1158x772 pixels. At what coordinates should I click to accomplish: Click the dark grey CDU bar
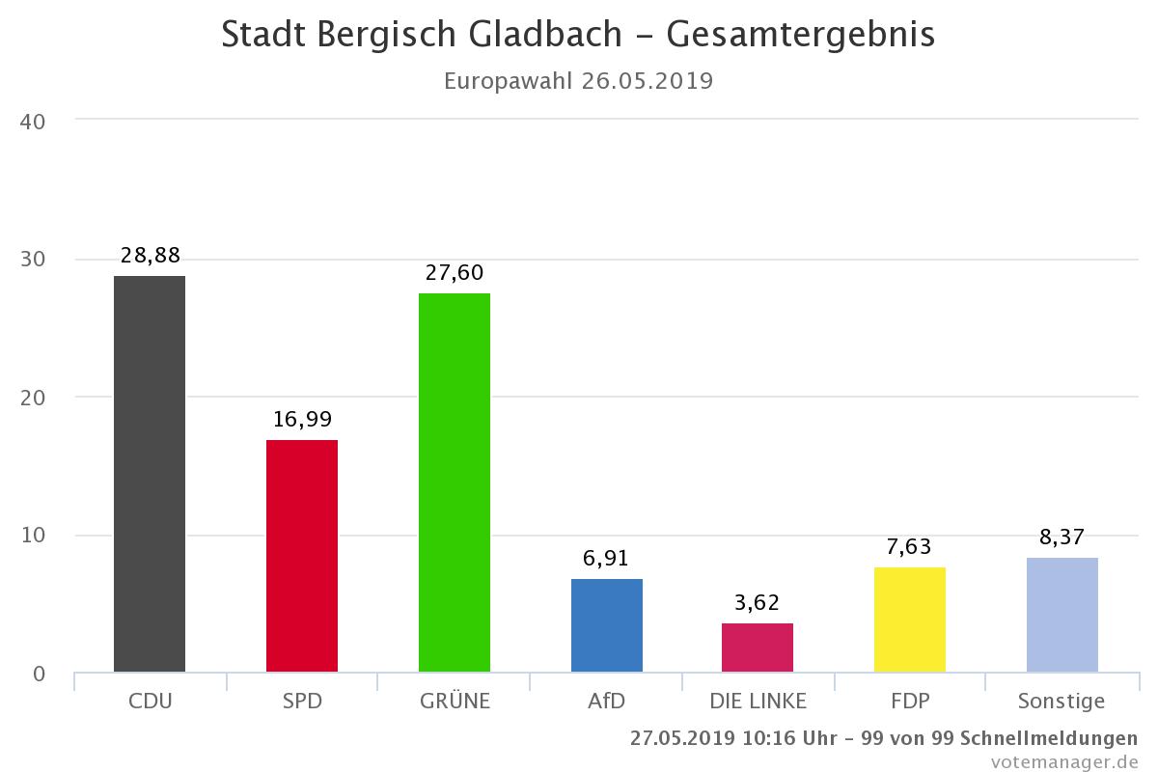[x=150, y=474]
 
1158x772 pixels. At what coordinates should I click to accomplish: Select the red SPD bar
[x=302, y=556]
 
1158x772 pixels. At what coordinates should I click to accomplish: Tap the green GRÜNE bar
[x=455, y=482]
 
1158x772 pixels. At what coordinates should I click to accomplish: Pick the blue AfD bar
[x=607, y=625]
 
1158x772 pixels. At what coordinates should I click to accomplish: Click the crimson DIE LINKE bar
[x=758, y=648]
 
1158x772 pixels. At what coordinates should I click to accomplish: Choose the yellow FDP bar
[x=910, y=620]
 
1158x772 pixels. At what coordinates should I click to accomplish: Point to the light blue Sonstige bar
[x=1062, y=615]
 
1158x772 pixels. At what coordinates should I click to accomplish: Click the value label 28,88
[x=151, y=256]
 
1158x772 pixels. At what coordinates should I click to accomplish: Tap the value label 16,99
[x=302, y=420]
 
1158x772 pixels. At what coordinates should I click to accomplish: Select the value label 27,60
[x=455, y=273]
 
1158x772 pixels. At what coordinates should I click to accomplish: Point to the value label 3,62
[x=758, y=603]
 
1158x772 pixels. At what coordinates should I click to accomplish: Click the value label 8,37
[x=1062, y=538]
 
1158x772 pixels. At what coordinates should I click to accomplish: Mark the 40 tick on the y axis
[x=33, y=122]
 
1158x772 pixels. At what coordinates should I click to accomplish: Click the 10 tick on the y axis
[x=33, y=536]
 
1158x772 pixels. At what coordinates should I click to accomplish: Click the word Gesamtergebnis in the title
[x=800, y=35]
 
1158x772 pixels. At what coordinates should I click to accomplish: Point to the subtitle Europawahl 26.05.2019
[x=578, y=80]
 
